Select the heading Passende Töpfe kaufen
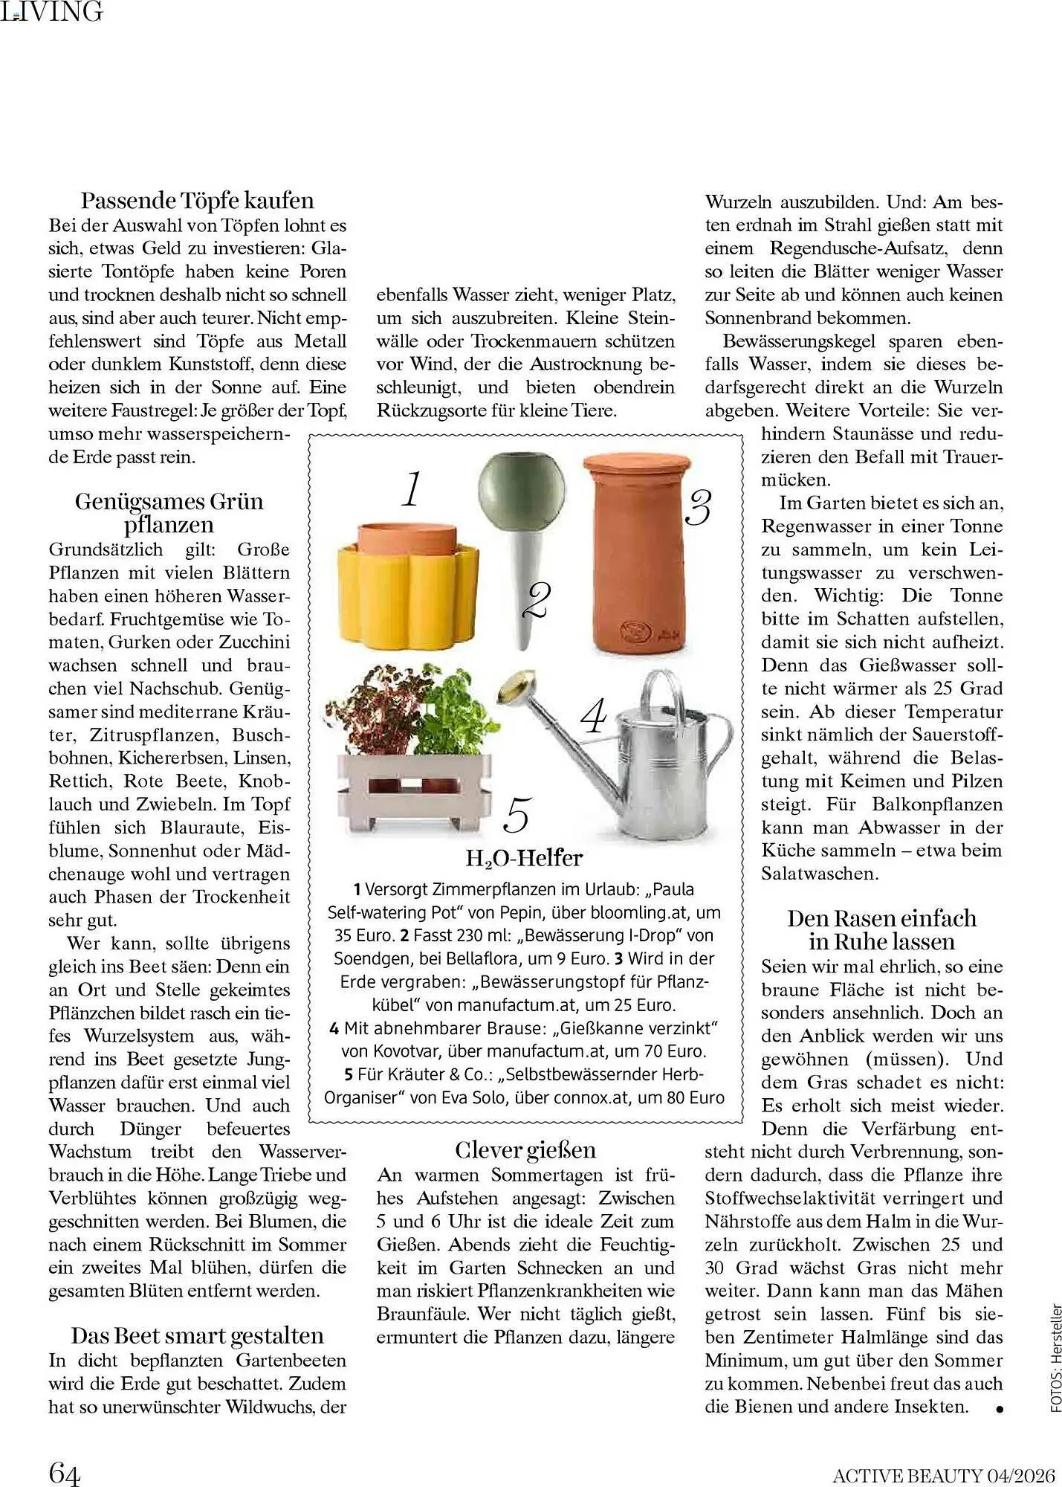[x=197, y=201]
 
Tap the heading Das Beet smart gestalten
[x=197, y=1336]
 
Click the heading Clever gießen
[x=525, y=1150]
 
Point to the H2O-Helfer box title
[x=524, y=859]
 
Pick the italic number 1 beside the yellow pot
[x=411, y=490]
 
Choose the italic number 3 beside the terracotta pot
[x=698, y=508]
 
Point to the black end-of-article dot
[x=1000, y=1408]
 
